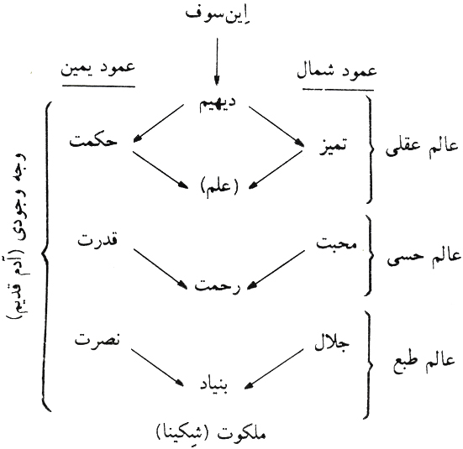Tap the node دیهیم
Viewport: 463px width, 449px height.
pyautogui.click(x=218, y=104)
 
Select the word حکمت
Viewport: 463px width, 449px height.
pyautogui.click(x=93, y=141)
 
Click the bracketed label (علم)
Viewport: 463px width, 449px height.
pyautogui.click(x=219, y=188)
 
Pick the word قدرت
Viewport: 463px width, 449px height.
pyautogui.click(x=97, y=240)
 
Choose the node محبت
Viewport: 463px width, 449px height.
pyautogui.click(x=337, y=244)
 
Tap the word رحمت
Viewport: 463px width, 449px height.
pyautogui.click(x=218, y=285)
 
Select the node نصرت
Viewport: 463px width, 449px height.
pyautogui.click(x=97, y=341)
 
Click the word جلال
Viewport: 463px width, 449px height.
pyautogui.click(x=332, y=342)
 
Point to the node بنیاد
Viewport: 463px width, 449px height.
pyautogui.click(x=214, y=385)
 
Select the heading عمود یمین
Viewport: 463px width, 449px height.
pyautogui.click(x=97, y=70)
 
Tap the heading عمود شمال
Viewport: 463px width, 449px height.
pyautogui.click(x=337, y=72)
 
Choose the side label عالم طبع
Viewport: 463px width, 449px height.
pyautogui.click(x=424, y=363)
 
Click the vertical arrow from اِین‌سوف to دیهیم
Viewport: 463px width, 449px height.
pyautogui.click(x=217, y=61)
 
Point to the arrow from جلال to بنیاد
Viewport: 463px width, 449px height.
pyautogui.click(x=274, y=369)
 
